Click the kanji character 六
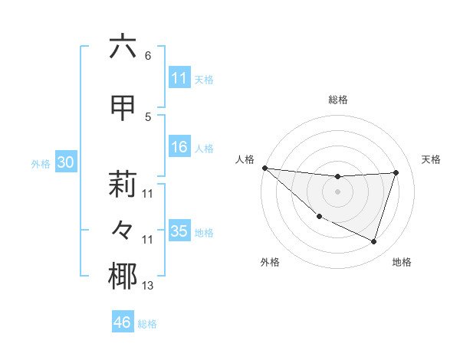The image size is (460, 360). point(123,47)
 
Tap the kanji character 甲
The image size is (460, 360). point(123,108)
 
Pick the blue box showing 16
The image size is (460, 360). point(179,148)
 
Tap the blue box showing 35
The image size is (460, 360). point(179,231)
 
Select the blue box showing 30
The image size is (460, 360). point(66,162)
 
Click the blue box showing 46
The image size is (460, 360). point(123,322)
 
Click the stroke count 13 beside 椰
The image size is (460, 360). point(148,286)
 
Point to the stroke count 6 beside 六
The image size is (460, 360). point(147,56)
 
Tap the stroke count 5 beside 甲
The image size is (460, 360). point(147,117)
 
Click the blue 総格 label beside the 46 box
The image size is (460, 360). point(147,324)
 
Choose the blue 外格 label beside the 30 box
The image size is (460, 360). point(41,163)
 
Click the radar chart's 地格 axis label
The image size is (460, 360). point(402,262)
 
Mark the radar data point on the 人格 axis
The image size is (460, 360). point(264,168)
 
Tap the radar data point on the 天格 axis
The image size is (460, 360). point(396,172)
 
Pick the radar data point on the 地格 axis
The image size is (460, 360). point(373,241)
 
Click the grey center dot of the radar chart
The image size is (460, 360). point(337,191)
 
